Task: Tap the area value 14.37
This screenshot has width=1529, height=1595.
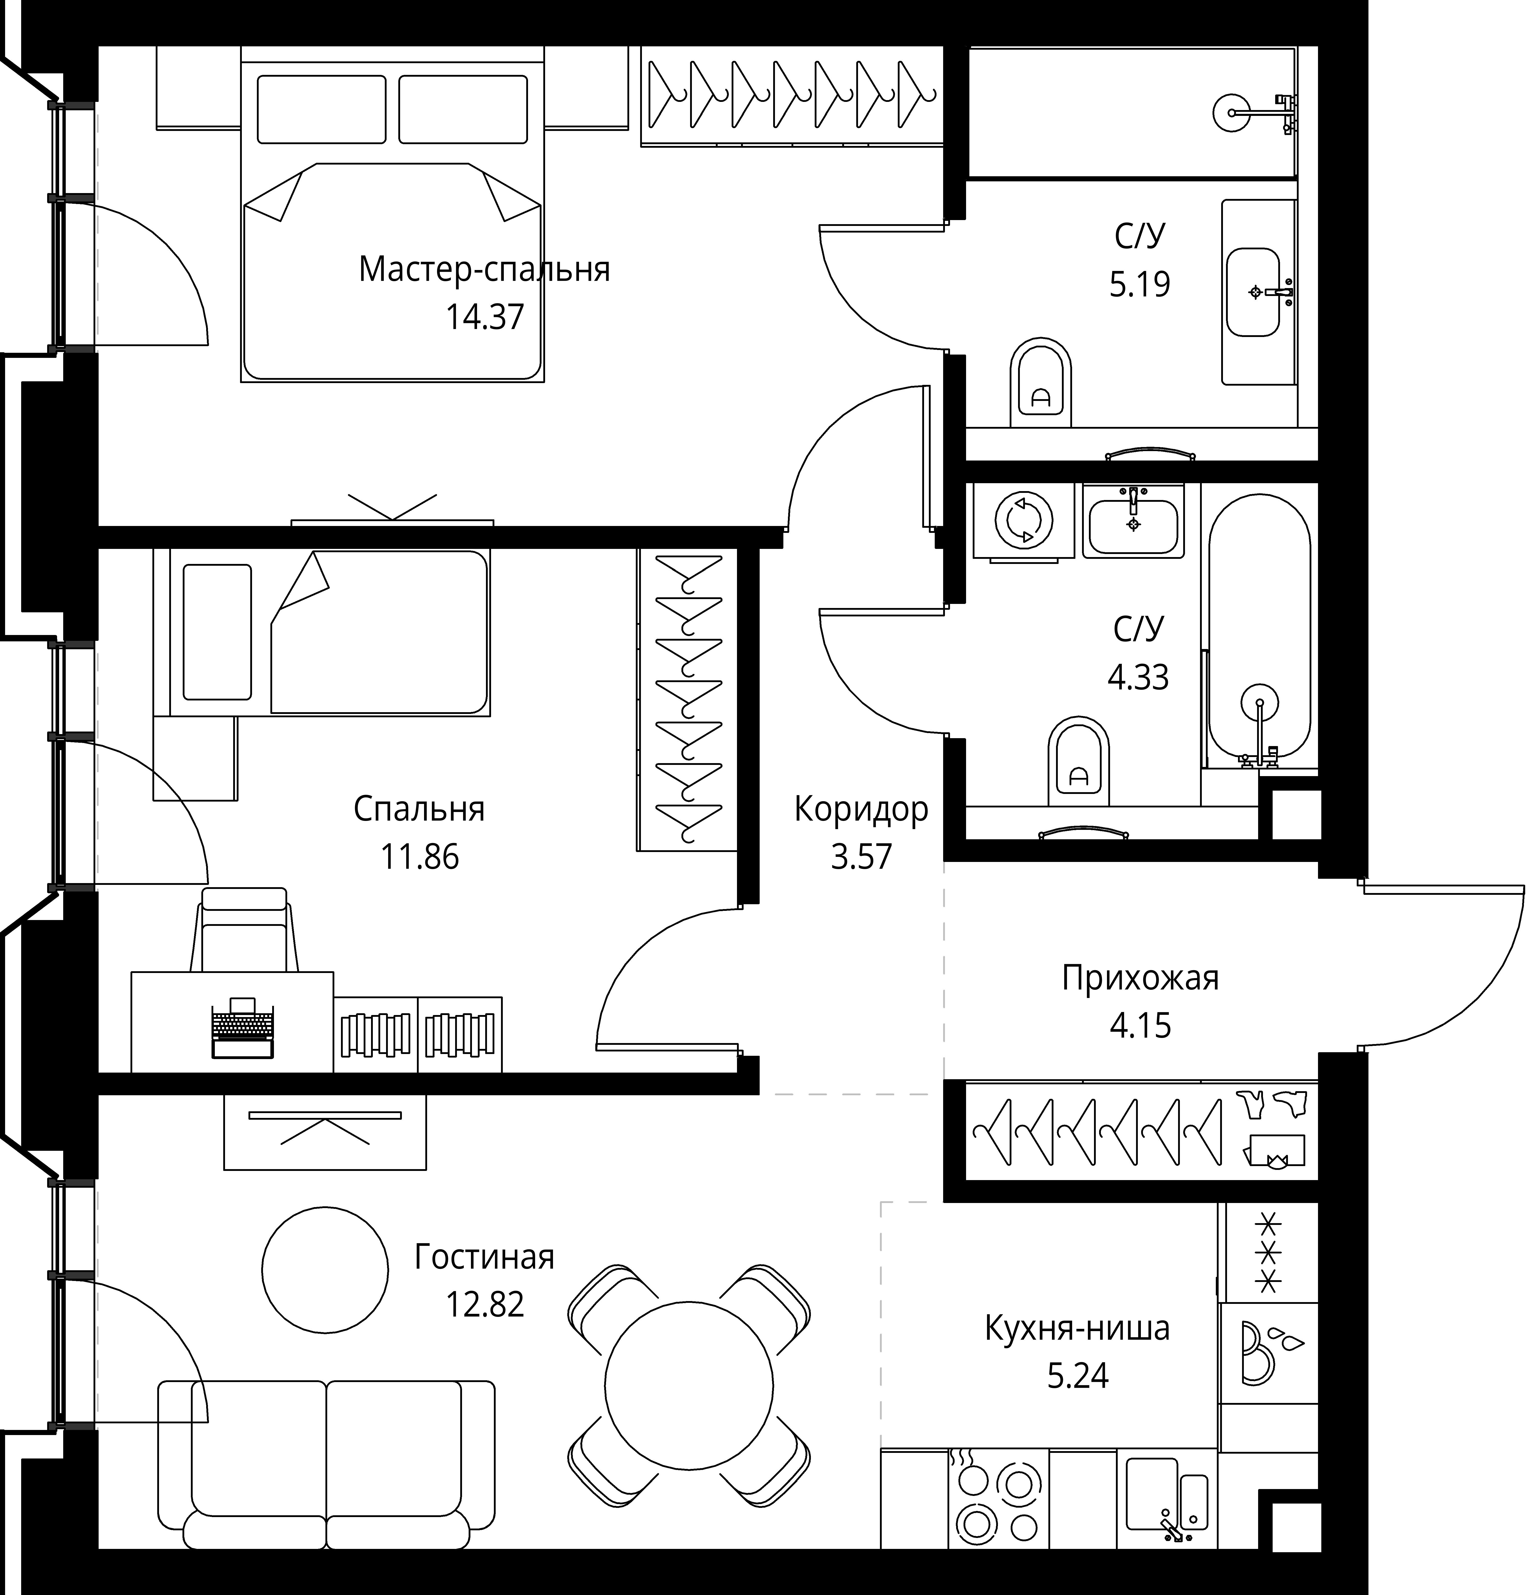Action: [x=484, y=317]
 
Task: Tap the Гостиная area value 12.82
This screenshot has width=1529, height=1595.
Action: [x=484, y=1304]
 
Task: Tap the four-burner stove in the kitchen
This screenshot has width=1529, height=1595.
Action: [x=998, y=1499]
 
